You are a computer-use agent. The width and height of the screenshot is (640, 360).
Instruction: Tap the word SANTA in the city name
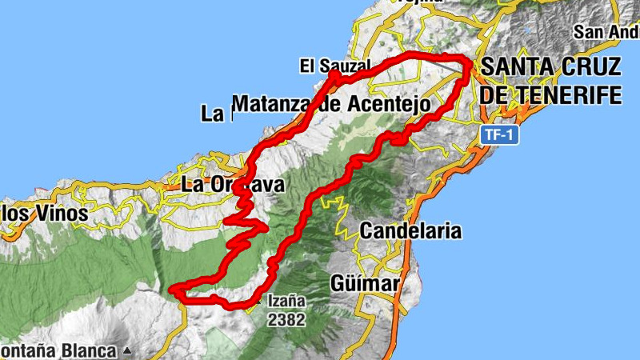pyautogui.click(x=516, y=66)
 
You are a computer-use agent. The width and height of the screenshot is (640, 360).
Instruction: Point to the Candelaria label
pyautogui.click(x=410, y=231)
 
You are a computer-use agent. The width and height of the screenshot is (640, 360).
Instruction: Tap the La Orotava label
pyautogui.click(x=233, y=185)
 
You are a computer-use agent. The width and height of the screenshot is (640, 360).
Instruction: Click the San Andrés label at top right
pyautogui.click(x=607, y=33)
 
